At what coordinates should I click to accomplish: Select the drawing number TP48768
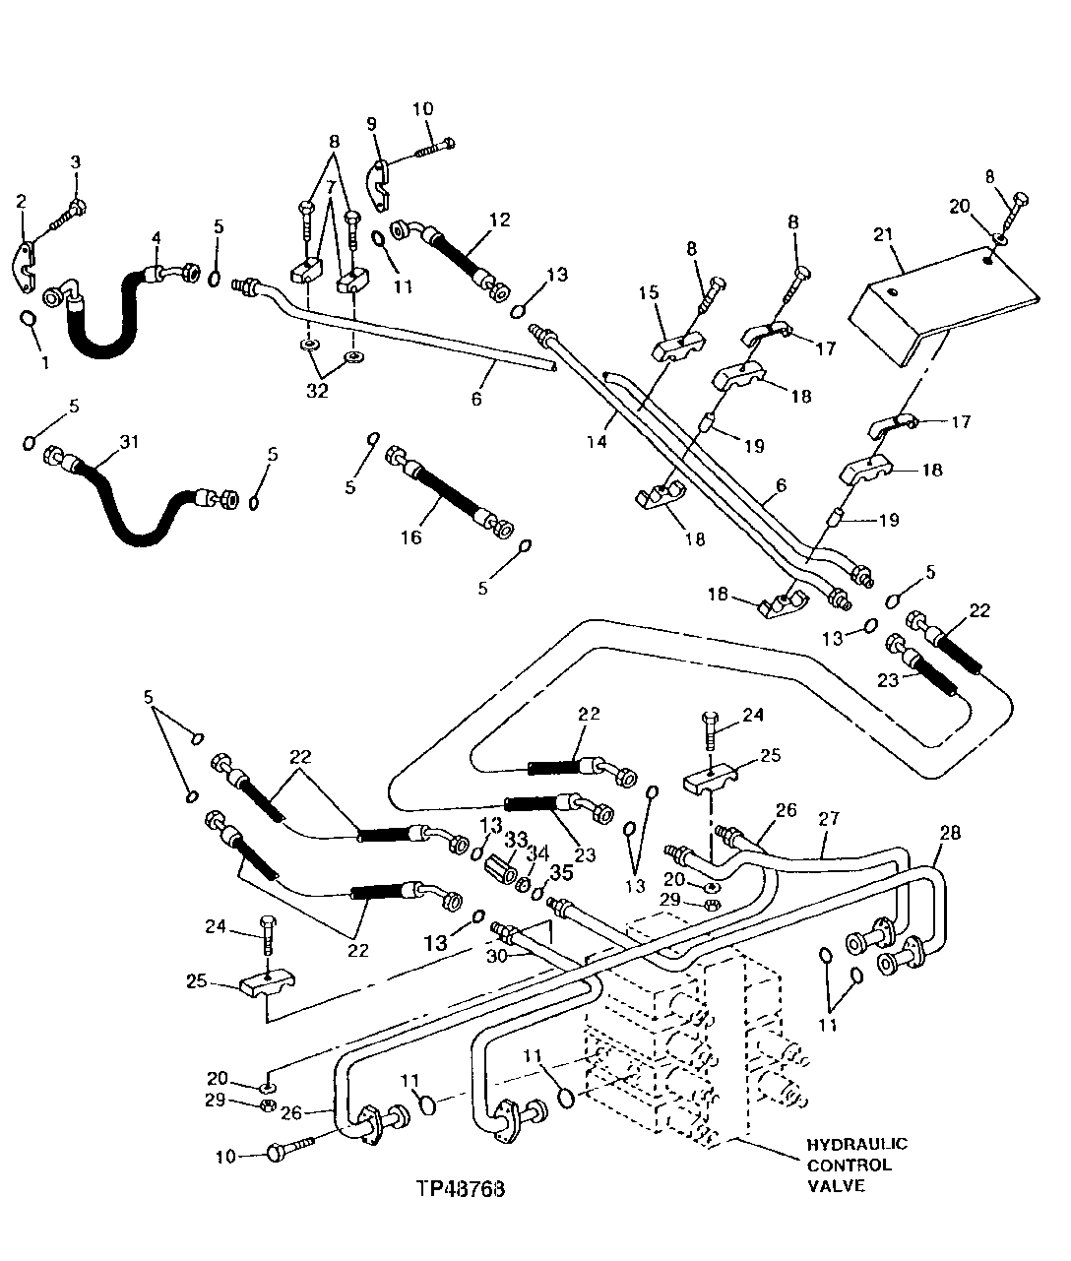point(460,1187)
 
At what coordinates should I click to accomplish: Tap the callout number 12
point(500,220)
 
